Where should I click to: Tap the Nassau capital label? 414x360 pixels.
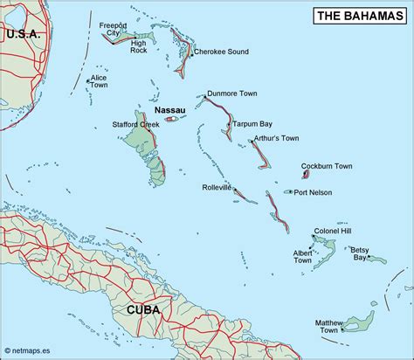tap(169, 110)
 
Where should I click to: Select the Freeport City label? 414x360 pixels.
tap(114, 29)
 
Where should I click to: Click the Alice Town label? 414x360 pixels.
tap(99, 81)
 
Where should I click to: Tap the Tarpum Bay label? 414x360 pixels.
tap(253, 124)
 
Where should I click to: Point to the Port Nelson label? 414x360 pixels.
tap(313, 192)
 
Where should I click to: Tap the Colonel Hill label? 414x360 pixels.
tap(339, 231)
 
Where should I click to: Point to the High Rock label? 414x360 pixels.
tap(139, 46)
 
